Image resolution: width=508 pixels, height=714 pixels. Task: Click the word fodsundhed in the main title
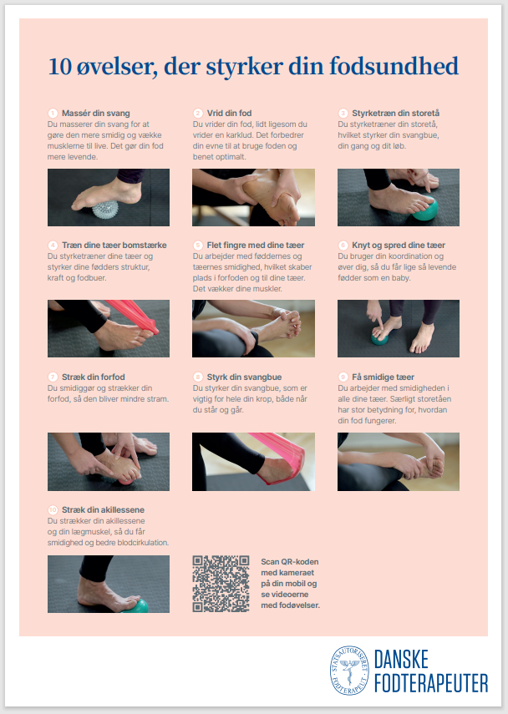coord(394,66)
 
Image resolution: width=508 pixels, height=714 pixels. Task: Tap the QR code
coord(221,584)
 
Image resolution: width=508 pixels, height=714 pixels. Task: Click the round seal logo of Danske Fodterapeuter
coord(349,670)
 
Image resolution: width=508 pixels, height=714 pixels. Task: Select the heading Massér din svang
coord(96,113)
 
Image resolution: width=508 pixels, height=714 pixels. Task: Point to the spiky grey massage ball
coord(105,210)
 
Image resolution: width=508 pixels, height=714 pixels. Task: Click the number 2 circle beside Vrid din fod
coord(198,113)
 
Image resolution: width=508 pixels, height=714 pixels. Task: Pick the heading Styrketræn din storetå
coord(395,113)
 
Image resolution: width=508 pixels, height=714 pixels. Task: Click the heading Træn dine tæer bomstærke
coord(114,245)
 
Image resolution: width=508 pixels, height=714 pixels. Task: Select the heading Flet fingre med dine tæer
coord(255,245)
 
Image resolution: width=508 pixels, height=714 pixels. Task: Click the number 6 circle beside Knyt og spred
coord(343,245)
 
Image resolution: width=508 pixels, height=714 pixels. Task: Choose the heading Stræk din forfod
coord(93,377)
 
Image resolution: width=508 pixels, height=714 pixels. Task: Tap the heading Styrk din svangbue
coord(244,377)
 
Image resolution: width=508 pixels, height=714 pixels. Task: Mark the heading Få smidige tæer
coord(383,377)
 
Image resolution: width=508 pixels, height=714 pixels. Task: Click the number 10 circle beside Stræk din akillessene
coord(53,510)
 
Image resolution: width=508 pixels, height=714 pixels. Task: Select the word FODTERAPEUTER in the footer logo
coord(431,683)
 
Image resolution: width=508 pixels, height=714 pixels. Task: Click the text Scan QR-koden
coord(290,562)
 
